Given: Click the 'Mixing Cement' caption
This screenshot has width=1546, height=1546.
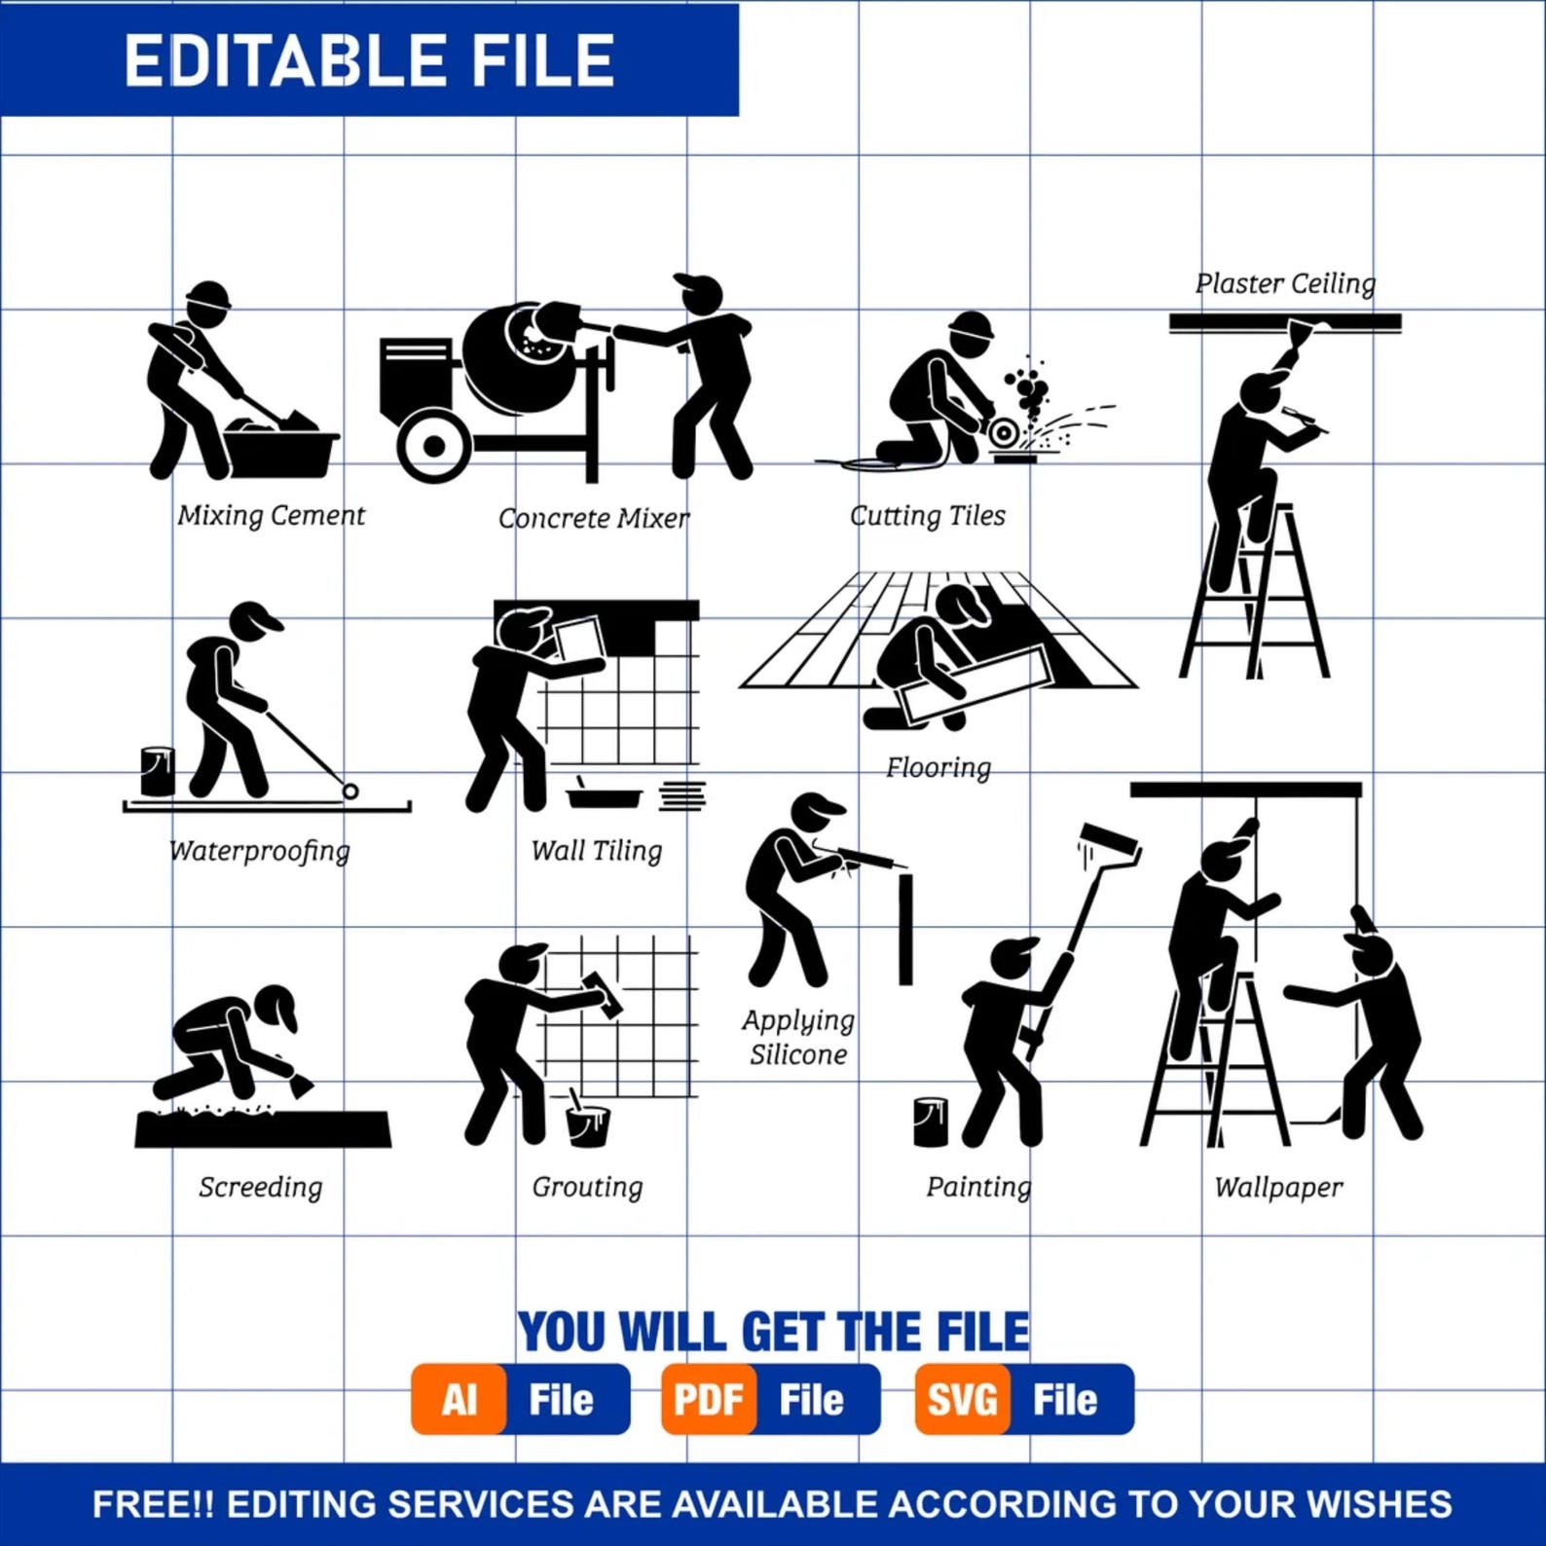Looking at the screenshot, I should point(271,515).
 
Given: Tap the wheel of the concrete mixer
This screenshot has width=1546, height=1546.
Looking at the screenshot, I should point(433,446).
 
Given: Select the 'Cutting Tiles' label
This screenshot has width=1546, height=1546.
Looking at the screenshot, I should point(927,515).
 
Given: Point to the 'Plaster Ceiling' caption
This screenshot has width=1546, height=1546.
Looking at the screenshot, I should point(1285,283).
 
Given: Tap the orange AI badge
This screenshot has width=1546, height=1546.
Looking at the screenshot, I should point(459,1400).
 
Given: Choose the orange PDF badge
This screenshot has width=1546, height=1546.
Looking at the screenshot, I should point(709,1400).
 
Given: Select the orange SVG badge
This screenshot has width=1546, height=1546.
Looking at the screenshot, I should point(962,1400).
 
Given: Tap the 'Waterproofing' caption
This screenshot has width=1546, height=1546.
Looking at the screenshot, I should point(259,851).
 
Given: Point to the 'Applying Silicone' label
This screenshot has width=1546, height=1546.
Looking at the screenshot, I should point(798,1037).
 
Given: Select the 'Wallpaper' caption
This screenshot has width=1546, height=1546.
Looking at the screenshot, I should point(1278,1187).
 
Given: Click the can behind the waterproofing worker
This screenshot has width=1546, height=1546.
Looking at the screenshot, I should point(157,771).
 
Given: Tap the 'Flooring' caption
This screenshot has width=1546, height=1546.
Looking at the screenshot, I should point(938,768).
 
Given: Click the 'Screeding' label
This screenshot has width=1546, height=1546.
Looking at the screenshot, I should point(260,1187).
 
